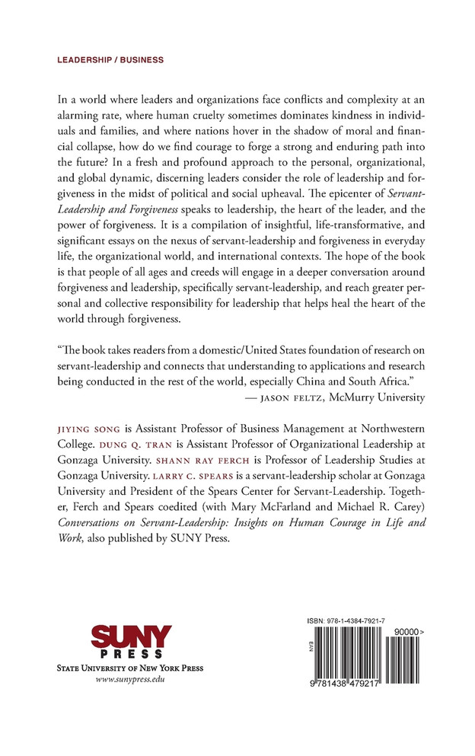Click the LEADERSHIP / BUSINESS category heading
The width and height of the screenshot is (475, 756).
click(110, 59)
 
